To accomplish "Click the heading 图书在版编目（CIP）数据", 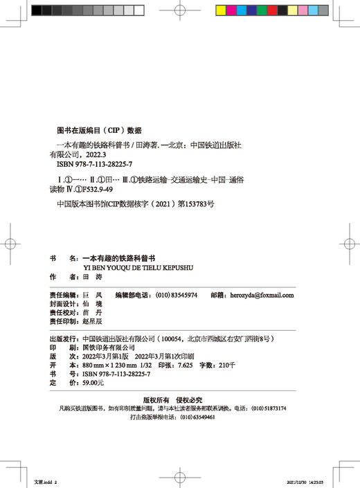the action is (98, 130).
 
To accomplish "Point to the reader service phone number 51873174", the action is (271, 408).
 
